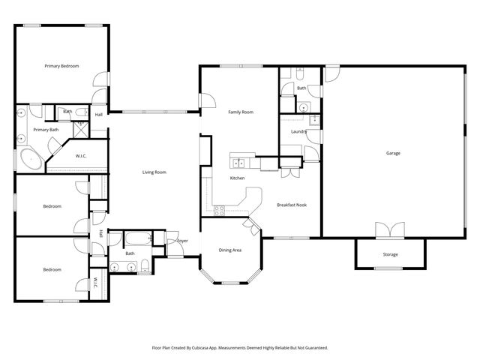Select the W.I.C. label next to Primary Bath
coord(81,156)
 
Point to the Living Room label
coord(154,172)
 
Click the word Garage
coord(393,153)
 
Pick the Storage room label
coord(391,254)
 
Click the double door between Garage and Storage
coord(391,229)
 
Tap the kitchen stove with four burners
coord(220,211)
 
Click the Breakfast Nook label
coord(291,205)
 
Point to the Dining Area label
coord(229,250)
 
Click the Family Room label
coord(241,112)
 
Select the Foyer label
coord(182,241)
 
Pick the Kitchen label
coord(238,178)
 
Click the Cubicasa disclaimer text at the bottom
coord(240,348)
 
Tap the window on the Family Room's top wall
coord(241,66)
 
